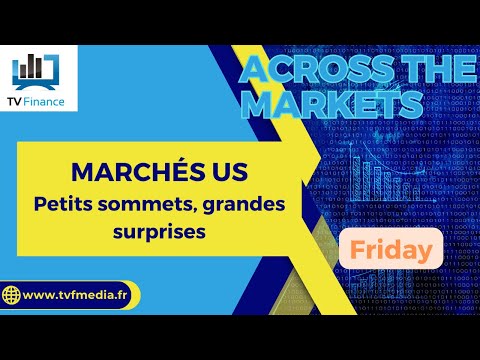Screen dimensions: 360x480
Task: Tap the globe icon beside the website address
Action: pyautogui.click(x=12, y=296)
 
